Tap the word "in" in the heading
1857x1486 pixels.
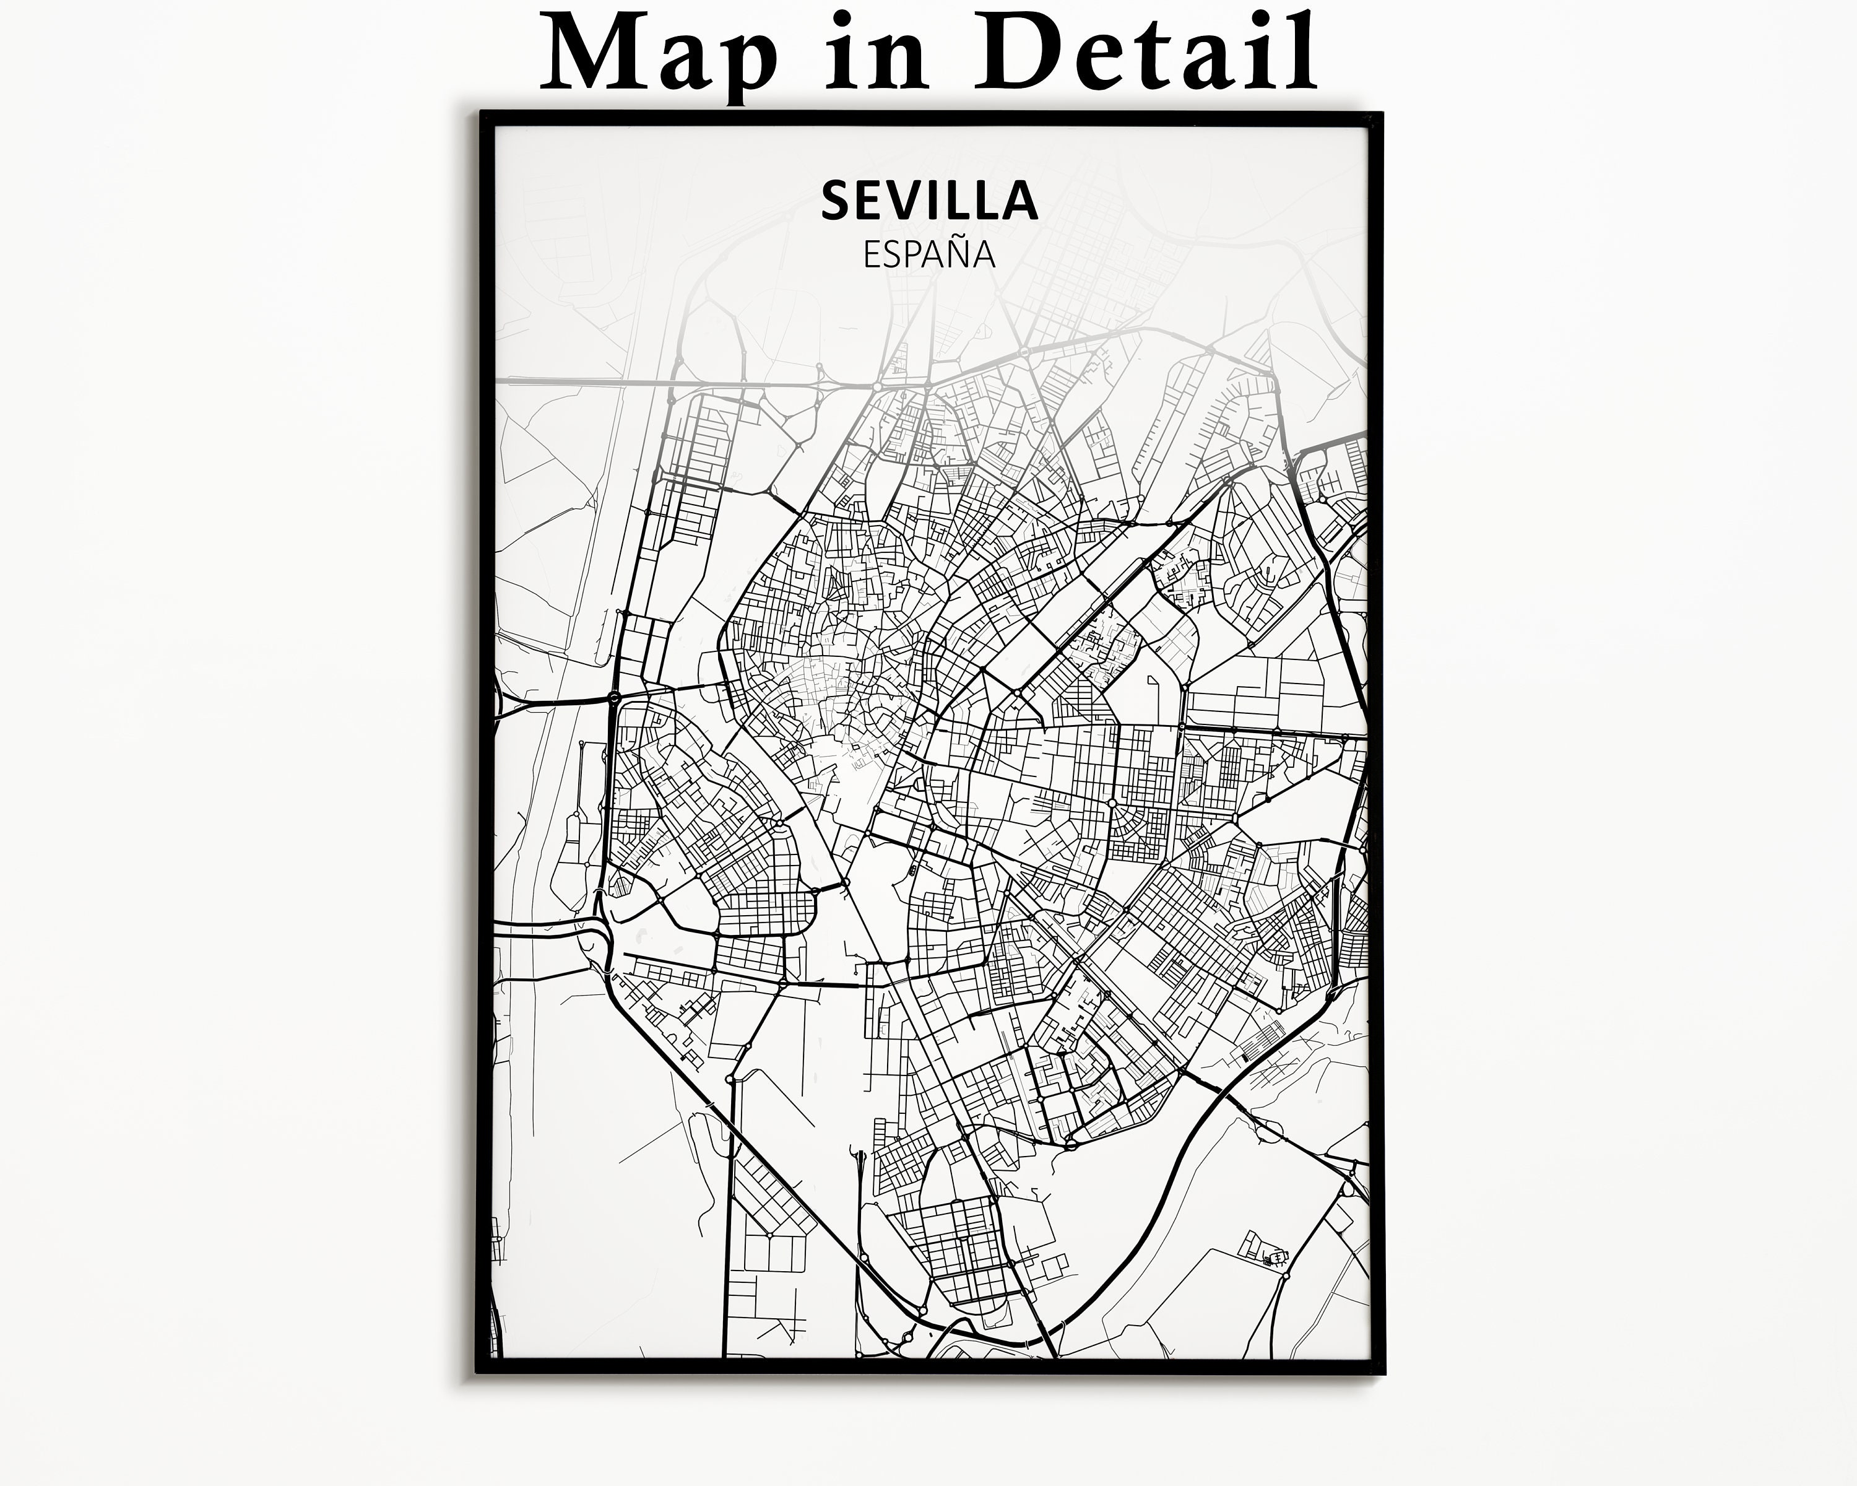(874, 53)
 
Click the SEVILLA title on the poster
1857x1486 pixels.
(929, 201)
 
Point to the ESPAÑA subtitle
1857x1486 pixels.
(929, 255)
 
